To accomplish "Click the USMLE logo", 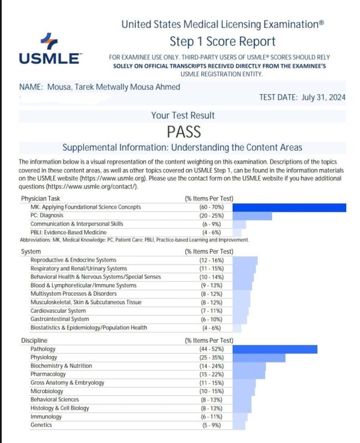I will (x=50, y=49).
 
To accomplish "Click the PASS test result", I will (x=183, y=132).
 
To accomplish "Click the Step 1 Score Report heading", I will (x=222, y=42).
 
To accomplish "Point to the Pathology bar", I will (x=275, y=349).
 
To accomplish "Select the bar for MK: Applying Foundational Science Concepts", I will (x=289, y=208).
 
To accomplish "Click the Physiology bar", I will (x=259, y=358).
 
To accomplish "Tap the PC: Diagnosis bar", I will (x=253, y=216).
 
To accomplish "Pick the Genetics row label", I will (x=41, y=425).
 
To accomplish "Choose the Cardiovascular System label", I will (x=59, y=311).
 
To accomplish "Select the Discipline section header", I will (x=34, y=340).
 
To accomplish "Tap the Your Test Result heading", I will (x=183, y=116).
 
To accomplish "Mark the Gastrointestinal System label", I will (x=59, y=319).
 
